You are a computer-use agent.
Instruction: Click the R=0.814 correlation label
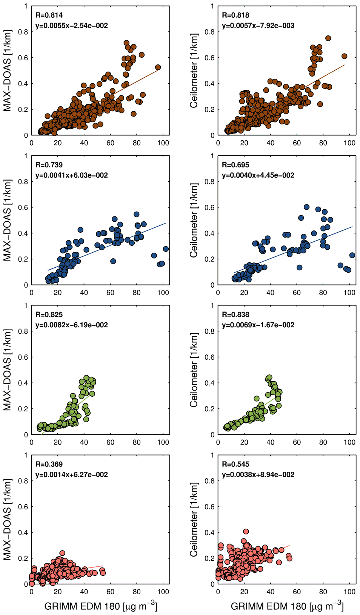pyautogui.click(x=49, y=15)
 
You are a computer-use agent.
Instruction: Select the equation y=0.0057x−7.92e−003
pyautogui.click(x=258, y=26)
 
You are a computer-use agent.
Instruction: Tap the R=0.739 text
pyautogui.click(x=49, y=165)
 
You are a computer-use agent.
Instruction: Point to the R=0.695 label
pyautogui.click(x=235, y=165)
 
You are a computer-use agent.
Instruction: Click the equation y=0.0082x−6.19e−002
pyautogui.click(x=72, y=325)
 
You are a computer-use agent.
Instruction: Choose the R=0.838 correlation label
pyautogui.click(x=235, y=315)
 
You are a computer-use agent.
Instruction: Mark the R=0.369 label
pyautogui.click(x=49, y=465)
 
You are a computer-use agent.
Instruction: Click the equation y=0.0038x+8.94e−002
pyautogui.click(x=258, y=475)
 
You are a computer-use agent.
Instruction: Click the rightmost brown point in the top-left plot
pyautogui.click(x=158, y=67)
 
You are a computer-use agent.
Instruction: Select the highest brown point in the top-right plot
pyautogui.click(x=328, y=38)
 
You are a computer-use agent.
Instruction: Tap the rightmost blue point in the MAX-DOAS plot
pyautogui.click(x=166, y=249)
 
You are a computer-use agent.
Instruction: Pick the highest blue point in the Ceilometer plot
pyautogui.click(x=307, y=207)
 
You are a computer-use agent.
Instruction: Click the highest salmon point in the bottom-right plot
pyautogui.click(x=246, y=532)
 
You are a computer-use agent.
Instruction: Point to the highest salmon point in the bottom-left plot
pyautogui.click(x=62, y=553)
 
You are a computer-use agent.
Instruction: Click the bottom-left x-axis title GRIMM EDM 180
pyautogui.click(x=101, y=606)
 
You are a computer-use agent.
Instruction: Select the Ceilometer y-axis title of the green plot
pyautogui.click(x=194, y=370)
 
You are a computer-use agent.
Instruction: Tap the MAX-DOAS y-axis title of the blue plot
pyautogui.click(x=7, y=220)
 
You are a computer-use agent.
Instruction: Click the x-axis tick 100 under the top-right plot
pyautogui.click(x=349, y=143)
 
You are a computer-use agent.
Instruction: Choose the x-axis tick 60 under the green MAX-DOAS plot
pyautogui.click(x=110, y=442)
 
